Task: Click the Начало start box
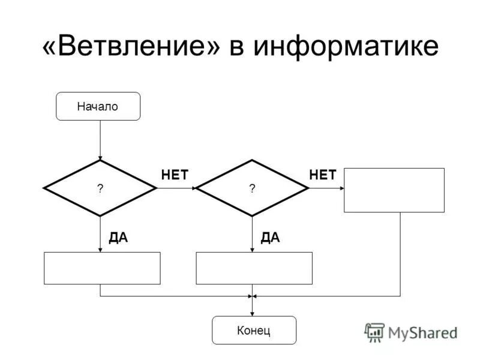pos(98,107)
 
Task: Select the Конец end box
pos(254,330)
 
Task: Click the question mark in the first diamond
pos(100,188)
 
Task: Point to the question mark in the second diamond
pos(252,188)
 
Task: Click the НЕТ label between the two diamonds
pos(175,175)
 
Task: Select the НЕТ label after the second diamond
pos(323,175)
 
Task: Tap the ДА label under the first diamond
pos(118,238)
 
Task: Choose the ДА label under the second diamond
pos(271,238)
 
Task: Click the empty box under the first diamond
pos(102,268)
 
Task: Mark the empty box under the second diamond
pos(254,268)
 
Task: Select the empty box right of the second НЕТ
pos(394,190)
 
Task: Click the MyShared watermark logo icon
pos(374,332)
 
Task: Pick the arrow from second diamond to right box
pos(326,188)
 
